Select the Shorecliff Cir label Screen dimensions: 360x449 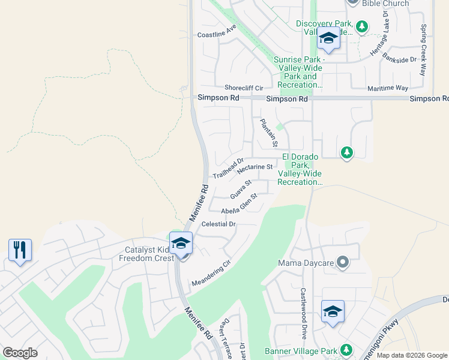244,88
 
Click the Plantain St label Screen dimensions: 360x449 269,133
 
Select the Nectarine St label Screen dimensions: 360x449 255,169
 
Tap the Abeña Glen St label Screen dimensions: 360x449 239,203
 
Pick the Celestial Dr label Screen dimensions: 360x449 220,224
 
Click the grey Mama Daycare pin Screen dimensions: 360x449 343,262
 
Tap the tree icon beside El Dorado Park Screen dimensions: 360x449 346,153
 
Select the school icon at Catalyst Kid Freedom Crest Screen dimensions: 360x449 181,243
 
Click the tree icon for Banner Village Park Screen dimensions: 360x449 346,349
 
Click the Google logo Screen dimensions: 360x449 20,353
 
